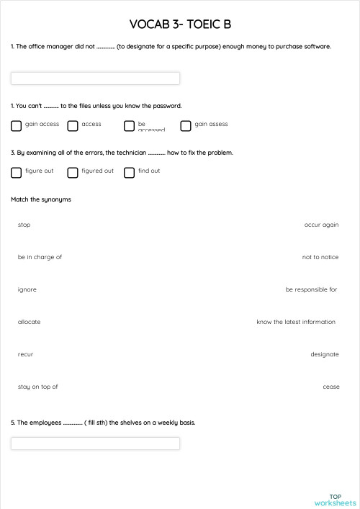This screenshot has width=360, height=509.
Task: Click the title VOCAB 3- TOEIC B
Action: tap(180, 25)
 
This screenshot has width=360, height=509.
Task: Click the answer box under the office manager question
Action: tap(95, 78)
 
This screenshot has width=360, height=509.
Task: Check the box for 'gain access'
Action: tap(17, 126)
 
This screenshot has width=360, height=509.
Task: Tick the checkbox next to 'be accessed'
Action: tap(129, 126)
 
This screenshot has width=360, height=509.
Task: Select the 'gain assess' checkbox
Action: tap(186, 126)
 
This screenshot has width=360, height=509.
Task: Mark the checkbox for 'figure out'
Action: tap(17, 173)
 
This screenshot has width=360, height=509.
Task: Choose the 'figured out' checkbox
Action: tap(73, 173)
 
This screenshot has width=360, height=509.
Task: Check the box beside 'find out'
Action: tap(129, 173)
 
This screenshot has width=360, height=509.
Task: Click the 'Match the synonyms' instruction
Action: tap(41, 199)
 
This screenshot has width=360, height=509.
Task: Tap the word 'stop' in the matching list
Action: tap(24, 225)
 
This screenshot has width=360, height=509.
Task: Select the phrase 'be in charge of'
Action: tap(40, 257)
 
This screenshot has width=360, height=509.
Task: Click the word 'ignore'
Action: tap(27, 289)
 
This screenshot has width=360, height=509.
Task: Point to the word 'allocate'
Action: tap(30, 322)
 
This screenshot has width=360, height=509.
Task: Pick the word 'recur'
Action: tap(26, 354)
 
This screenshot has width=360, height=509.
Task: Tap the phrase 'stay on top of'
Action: tap(38, 387)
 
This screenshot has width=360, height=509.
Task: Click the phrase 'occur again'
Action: tap(321, 225)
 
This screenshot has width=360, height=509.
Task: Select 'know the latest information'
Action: tap(296, 322)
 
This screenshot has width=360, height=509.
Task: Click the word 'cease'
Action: tap(331, 387)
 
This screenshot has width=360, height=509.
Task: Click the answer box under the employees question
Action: tap(95, 443)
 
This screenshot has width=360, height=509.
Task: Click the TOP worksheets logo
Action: tap(335, 500)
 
